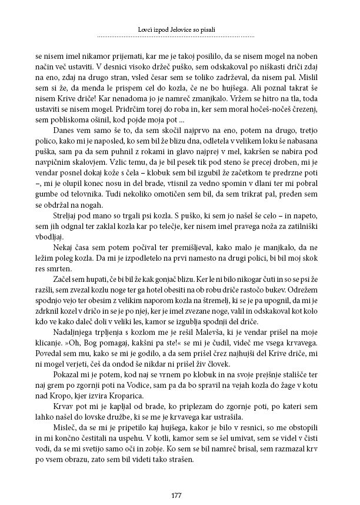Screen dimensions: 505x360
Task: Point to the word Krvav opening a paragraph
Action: (63, 400)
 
